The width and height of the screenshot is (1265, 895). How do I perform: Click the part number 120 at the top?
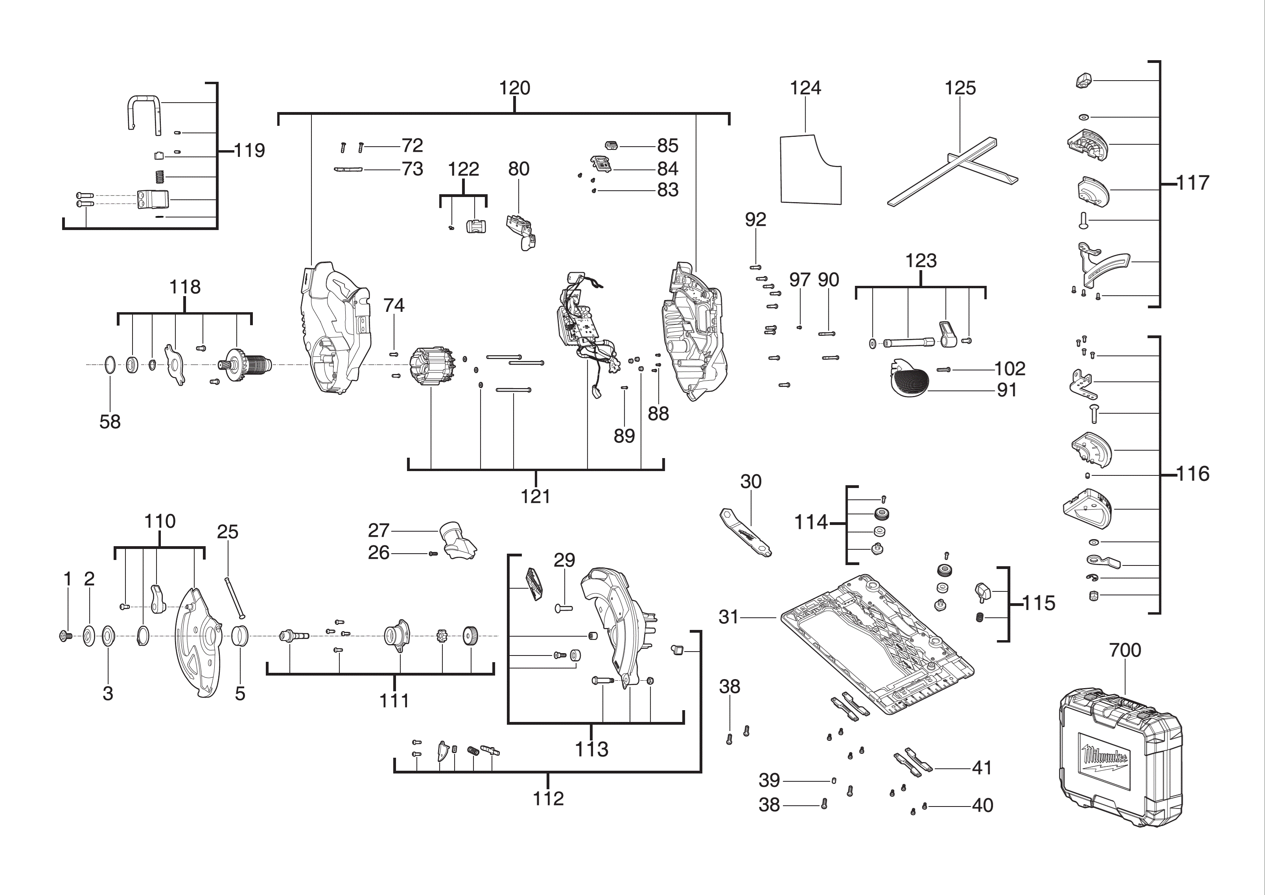click(x=515, y=88)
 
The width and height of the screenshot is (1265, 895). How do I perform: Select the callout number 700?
click(x=1125, y=650)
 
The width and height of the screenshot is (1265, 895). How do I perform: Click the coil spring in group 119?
click(x=160, y=177)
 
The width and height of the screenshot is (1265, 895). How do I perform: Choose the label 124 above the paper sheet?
click(x=805, y=88)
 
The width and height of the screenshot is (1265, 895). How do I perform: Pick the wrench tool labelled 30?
click(x=746, y=532)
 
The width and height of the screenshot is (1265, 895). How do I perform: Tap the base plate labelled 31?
click(x=877, y=645)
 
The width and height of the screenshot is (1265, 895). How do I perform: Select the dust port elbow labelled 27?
click(x=457, y=540)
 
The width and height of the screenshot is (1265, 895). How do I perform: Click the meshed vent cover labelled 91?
click(x=909, y=377)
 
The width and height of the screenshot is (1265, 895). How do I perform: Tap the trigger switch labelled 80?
click(x=521, y=232)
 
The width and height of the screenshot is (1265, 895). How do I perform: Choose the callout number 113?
click(x=592, y=750)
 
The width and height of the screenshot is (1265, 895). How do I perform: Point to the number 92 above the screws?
click(x=755, y=220)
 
